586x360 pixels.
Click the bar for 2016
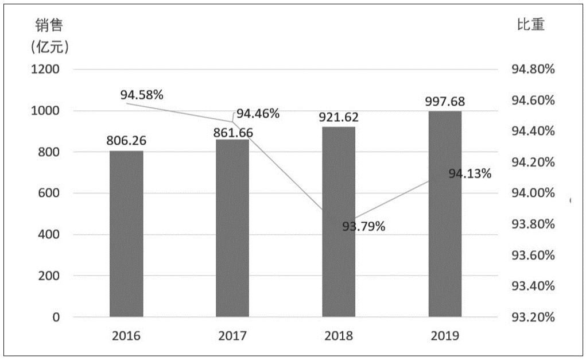126,234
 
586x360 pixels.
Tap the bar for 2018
339,222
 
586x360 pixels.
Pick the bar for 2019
445,214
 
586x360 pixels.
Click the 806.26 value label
126,140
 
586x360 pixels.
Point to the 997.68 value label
445,101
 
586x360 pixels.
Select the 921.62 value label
339,117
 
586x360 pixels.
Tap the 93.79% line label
363,226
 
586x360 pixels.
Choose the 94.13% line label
469,173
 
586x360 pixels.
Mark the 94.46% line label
258,113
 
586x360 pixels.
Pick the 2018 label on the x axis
339,336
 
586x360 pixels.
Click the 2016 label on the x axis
126,336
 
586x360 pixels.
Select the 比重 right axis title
530,25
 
